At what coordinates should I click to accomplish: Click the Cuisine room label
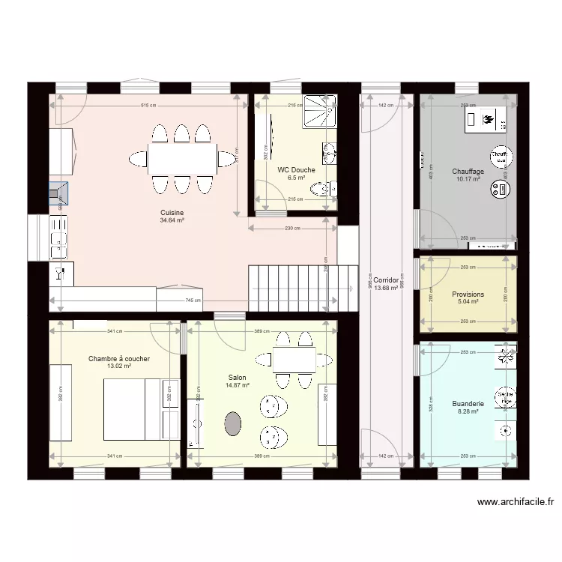coord(172,212)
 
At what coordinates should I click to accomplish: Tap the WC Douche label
coord(296,169)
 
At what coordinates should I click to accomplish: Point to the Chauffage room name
coord(468,172)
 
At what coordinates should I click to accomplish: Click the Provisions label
coord(468,294)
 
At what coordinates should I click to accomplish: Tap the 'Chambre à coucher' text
coord(118,359)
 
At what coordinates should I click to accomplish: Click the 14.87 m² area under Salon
coord(237,386)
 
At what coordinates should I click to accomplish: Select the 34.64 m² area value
coord(172,221)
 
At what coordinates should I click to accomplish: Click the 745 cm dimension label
coord(192,300)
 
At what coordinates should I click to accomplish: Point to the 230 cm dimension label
coord(292,229)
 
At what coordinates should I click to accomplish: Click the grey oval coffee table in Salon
coord(234,423)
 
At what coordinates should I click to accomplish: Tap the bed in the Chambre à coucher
coord(132,409)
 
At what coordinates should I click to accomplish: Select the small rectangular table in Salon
coord(294,360)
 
